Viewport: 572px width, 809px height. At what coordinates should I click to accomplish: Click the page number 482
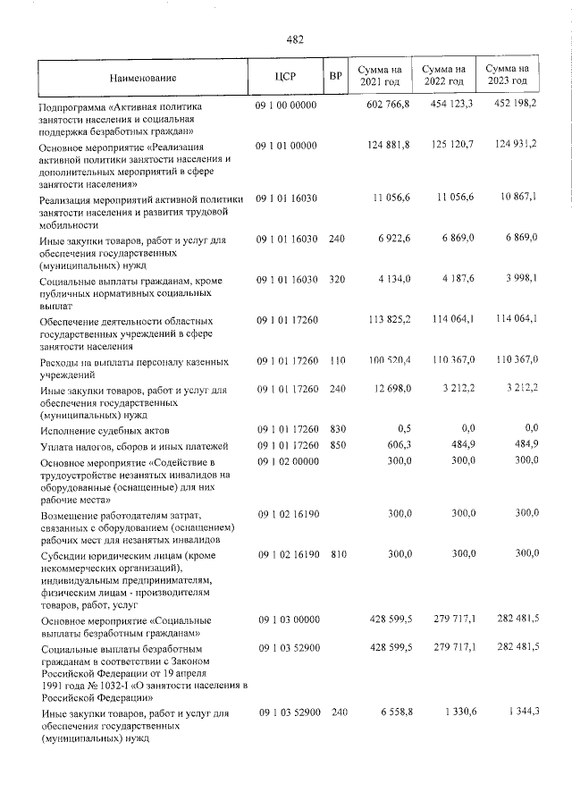click(295, 39)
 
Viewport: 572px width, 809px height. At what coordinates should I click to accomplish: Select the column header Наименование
click(143, 78)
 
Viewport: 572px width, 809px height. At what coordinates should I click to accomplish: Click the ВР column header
click(336, 77)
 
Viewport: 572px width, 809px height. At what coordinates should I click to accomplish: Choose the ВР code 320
click(336, 281)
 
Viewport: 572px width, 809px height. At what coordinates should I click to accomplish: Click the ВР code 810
click(336, 554)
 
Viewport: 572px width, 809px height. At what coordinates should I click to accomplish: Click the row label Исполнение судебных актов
click(93, 431)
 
